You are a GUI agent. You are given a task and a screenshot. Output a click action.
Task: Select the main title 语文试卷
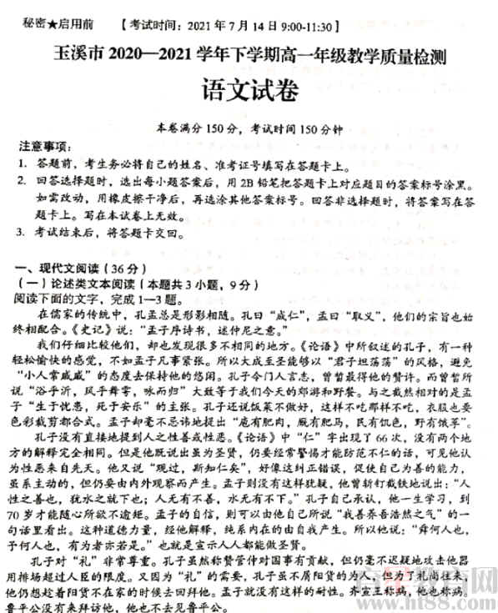[x=249, y=89]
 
